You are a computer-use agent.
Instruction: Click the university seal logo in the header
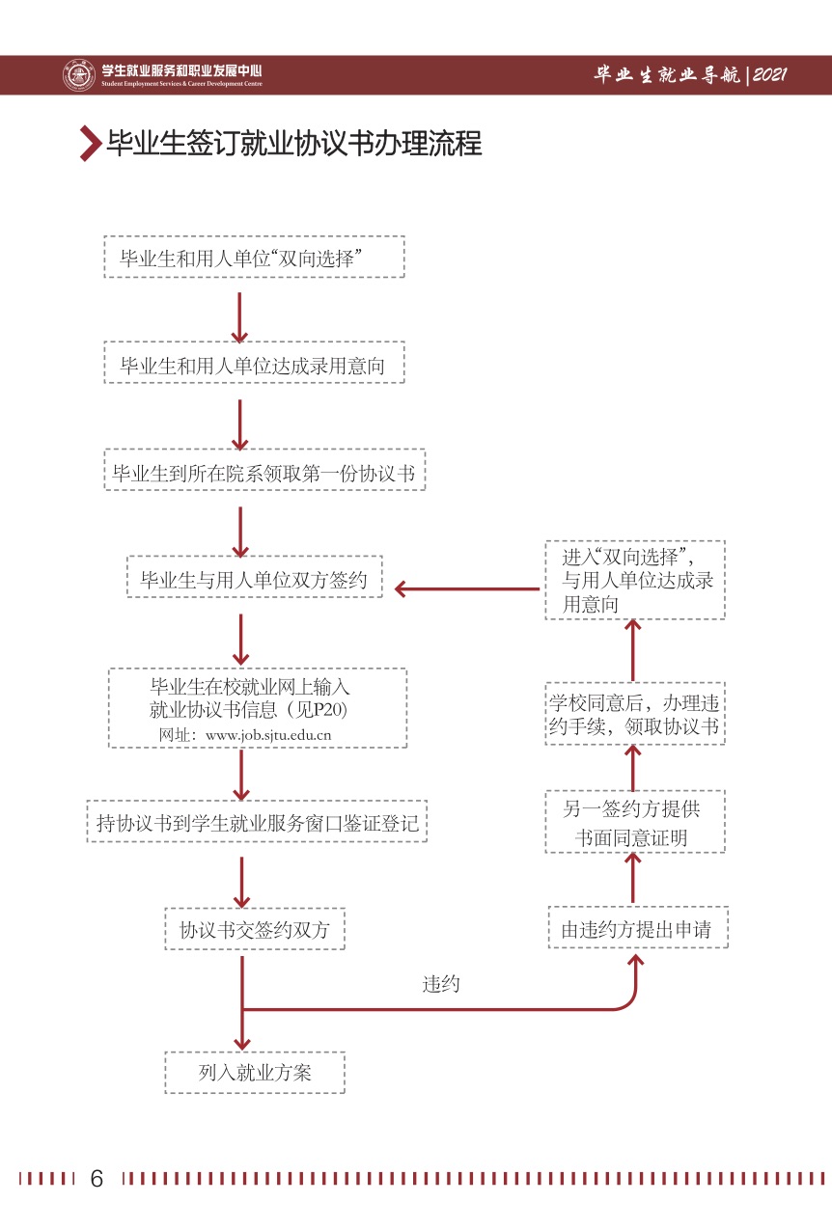[x=78, y=75]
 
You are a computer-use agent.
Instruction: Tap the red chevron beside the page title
[x=91, y=144]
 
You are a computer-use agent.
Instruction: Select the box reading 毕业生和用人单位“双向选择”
[x=254, y=258]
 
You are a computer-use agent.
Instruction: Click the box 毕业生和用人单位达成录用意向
[x=254, y=364]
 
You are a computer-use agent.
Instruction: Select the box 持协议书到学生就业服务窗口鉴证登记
[x=257, y=822]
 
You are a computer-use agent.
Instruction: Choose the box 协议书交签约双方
[x=254, y=929]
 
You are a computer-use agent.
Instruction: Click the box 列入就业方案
[x=254, y=1072]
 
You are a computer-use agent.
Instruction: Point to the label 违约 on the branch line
[x=441, y=984]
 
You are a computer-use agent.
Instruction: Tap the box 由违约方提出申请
[x=637, y=929]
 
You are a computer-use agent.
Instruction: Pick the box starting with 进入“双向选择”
[x=633, y=580]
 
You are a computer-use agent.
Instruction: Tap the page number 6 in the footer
[x=97, y=1178]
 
